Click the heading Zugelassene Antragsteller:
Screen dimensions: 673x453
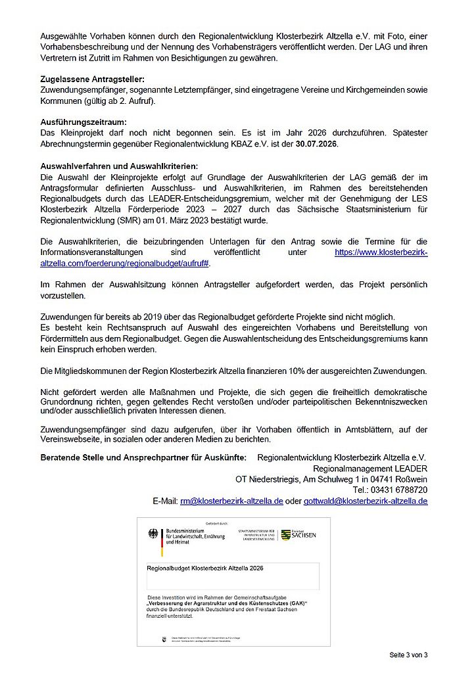92,80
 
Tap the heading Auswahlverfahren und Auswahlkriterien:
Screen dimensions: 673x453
118,166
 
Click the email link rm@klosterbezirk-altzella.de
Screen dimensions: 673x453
231,501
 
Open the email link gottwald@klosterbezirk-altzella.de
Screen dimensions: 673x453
366,501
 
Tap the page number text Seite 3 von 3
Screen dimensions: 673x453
408,655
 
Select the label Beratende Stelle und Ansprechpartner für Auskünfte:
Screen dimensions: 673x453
143,457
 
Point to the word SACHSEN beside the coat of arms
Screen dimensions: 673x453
303,535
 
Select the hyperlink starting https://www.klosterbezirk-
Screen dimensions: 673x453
381,252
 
